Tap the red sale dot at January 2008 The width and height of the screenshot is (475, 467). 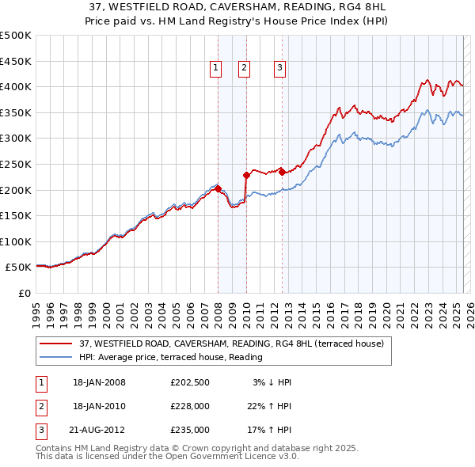pos(218,188)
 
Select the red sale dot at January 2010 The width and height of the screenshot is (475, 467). pos(246,175)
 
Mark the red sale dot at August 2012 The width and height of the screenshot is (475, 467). pos(283,171)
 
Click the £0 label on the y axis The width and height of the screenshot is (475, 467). pos(23,293)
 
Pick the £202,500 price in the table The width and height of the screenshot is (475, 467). pos(189,382)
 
